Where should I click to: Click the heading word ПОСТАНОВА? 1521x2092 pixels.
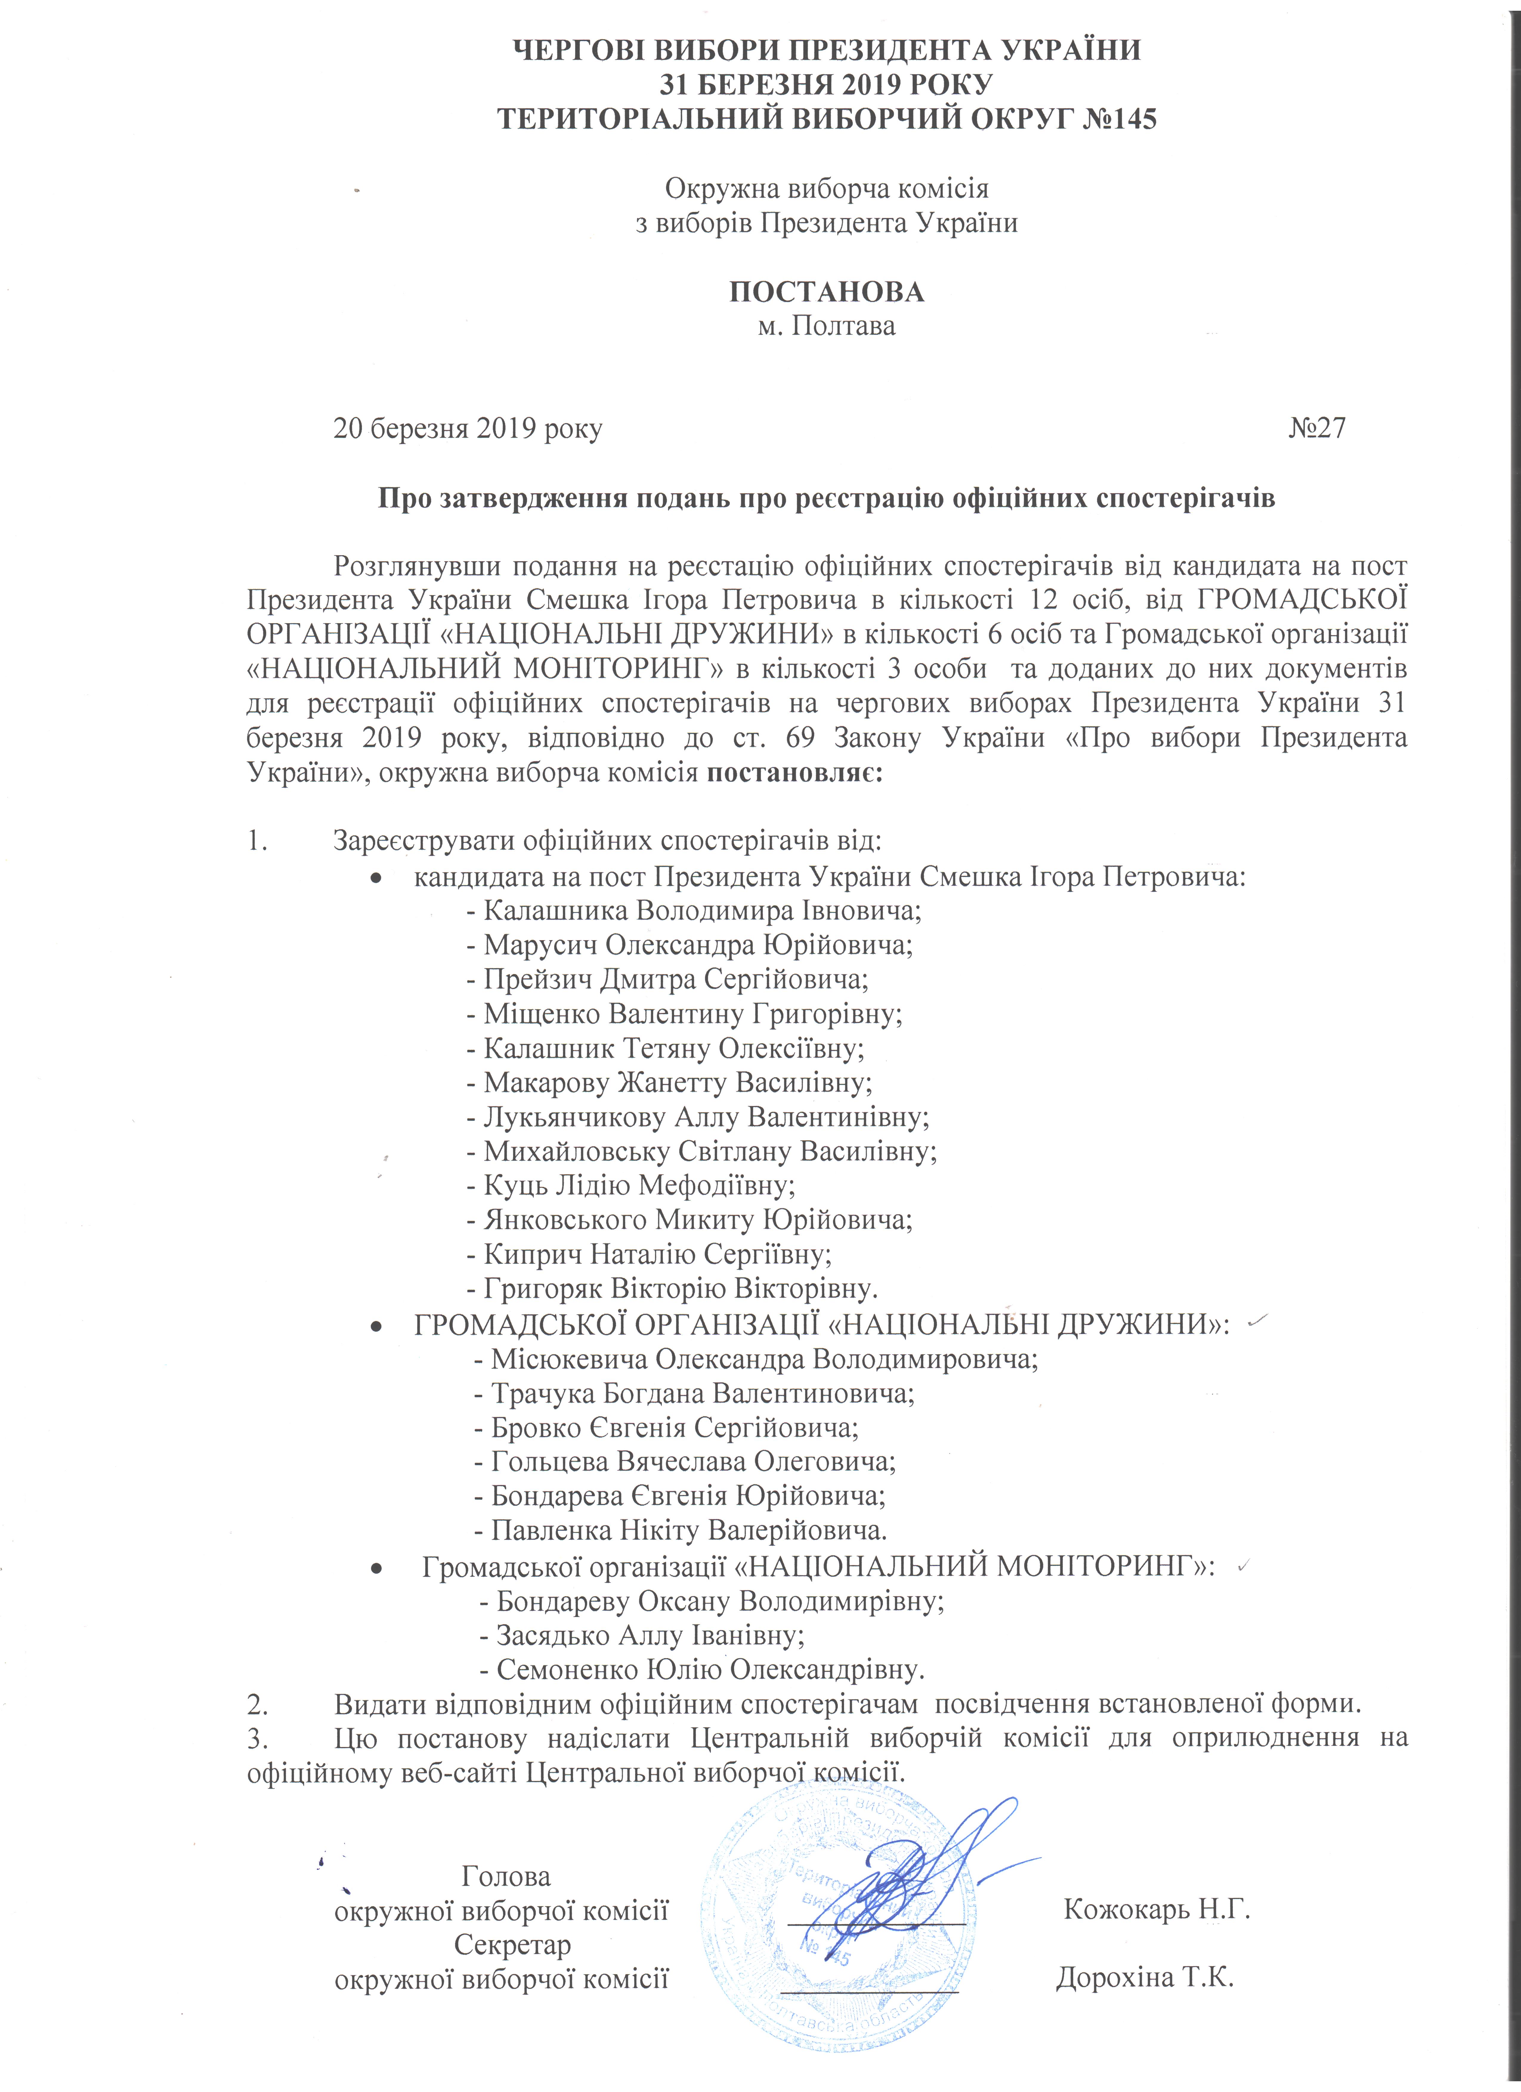(826, 293)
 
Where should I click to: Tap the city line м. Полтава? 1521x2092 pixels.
(826, 327)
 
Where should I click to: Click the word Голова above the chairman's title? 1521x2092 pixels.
(506, 1876)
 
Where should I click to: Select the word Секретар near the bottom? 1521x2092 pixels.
(513, 1945)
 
